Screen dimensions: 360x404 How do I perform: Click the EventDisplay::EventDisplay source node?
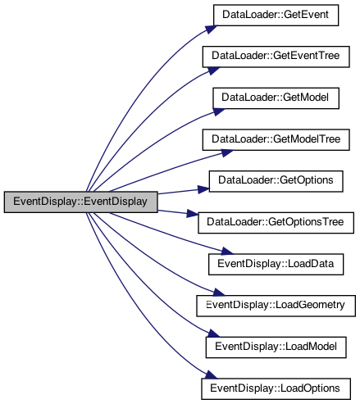[80, 202]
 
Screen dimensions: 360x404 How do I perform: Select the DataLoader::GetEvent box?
[276, 15]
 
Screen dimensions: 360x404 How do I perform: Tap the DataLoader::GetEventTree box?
[276, 57]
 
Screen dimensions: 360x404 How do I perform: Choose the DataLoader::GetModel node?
[276, 98]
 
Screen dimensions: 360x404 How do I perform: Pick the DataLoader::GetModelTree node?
[276, 139]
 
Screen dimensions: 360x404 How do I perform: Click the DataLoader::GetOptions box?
[276, 181]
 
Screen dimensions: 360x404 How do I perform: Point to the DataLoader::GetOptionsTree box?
[276, 223]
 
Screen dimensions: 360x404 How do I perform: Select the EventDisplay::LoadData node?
[276, 264]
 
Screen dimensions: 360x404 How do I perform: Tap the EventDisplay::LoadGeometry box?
[276, 306]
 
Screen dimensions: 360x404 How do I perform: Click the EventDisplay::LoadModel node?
[276, 347]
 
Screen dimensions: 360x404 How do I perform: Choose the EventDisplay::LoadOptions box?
[276, 388]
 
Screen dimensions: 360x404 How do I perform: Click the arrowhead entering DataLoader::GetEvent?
[212, 29]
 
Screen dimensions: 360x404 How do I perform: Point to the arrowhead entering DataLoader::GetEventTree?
[214, 70]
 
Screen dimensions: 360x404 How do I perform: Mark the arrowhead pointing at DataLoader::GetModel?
[218, 111]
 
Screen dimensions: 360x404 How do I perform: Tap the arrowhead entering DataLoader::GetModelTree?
[227, 152]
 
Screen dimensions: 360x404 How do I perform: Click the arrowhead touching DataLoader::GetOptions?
[203, 189]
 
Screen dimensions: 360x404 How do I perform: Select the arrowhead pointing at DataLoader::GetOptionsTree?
[192, 214]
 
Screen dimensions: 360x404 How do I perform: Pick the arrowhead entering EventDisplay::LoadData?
[227, 252]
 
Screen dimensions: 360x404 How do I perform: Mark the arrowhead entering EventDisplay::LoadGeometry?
[219, 293]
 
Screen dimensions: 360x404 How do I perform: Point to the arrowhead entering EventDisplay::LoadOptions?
[211, 374]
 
